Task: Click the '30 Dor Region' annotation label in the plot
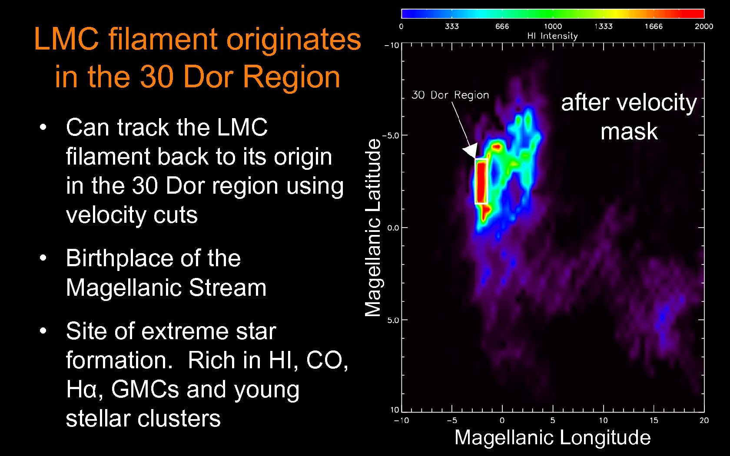pyautogui.click(x=450, y=95)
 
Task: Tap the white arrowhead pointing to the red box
pyautogui.click(x=471, y=151)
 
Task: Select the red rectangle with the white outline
pyautogui.click(x=481, y=182)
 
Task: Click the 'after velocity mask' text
pyautogui.click(x=629, y=116)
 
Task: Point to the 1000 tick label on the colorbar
pyautogui.click(x=553, y=26)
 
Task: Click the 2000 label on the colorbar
pyautogui.click(x=703, y=26)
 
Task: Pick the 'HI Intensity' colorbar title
pyautogui.click(x=552, y=36)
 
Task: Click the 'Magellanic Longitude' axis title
pyautogui.click(x=552, y=437)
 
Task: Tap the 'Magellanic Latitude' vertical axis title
pyautogui.click(x=373, y=227)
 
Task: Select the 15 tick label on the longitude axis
pyautogui.click(x=654, y=420)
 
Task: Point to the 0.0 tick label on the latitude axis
pyautogui.click(x=393, y=228)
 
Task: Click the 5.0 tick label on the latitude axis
pyautogui.click(x=393, y=320)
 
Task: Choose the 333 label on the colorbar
pyautogui.click(x=452, y=26)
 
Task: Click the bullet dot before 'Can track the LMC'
pyautogui.click(x=43, y=128)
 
